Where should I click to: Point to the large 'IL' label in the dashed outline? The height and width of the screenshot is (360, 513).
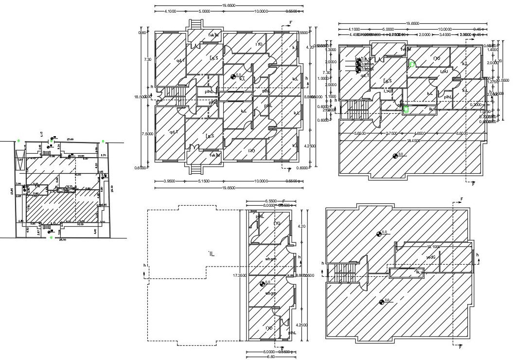(211, 254)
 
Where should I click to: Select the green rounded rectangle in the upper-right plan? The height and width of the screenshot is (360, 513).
(407, 110)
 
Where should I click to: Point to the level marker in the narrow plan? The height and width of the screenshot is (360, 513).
(261, 284)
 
